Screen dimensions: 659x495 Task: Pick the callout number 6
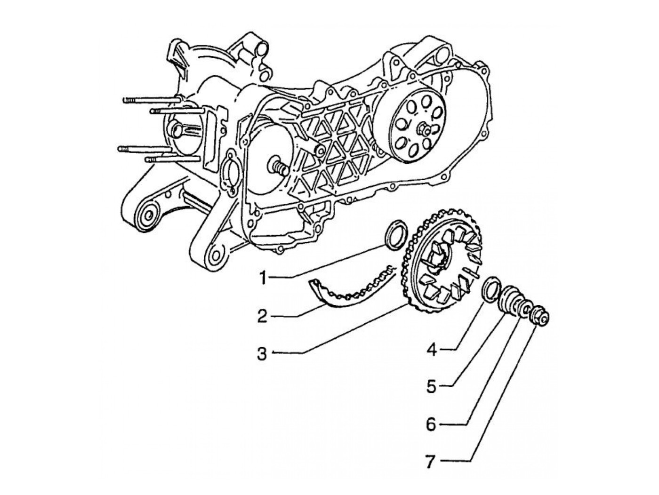(x=432, y=424)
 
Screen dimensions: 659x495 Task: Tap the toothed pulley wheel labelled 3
(x=440, y=263)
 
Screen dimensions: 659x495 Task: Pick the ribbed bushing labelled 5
(x=509, y=300)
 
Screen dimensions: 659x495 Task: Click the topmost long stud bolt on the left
(x=151, y=100)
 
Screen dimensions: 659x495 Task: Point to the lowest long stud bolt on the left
(x=162, y=160)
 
